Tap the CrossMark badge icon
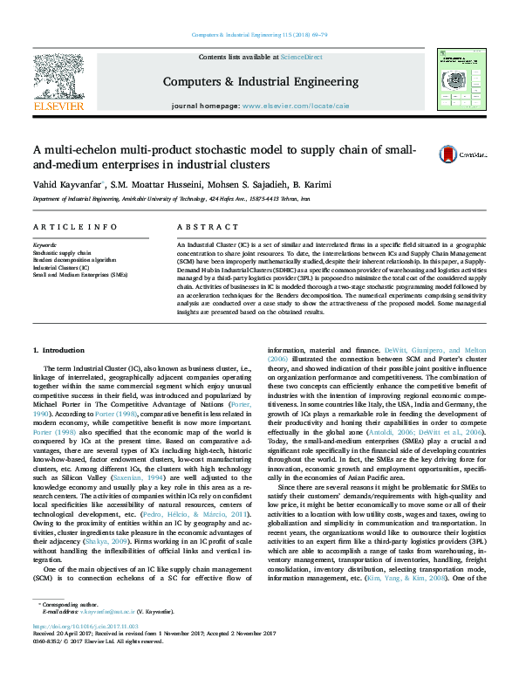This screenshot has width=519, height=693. click(x=448, y=153)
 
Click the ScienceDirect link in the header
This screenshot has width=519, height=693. click(x=304, y=57)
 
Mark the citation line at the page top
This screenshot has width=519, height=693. click(x=259, y=35)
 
